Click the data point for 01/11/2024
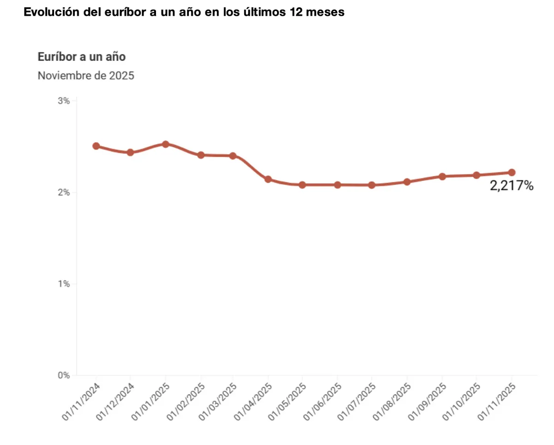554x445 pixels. [x=96, y=146]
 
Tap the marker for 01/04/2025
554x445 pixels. [x=268, y=179]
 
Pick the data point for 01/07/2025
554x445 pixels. [x=372, y=185]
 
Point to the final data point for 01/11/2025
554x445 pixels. [x=512, y=173]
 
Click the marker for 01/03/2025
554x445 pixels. [x=233, y=156]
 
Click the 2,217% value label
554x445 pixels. [x=512, y=186]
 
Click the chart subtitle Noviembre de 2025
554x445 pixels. [x=86, y=75]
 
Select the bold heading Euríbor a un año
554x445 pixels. [x=81, y=57]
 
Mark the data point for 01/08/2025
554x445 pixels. [x=407, y=182]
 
